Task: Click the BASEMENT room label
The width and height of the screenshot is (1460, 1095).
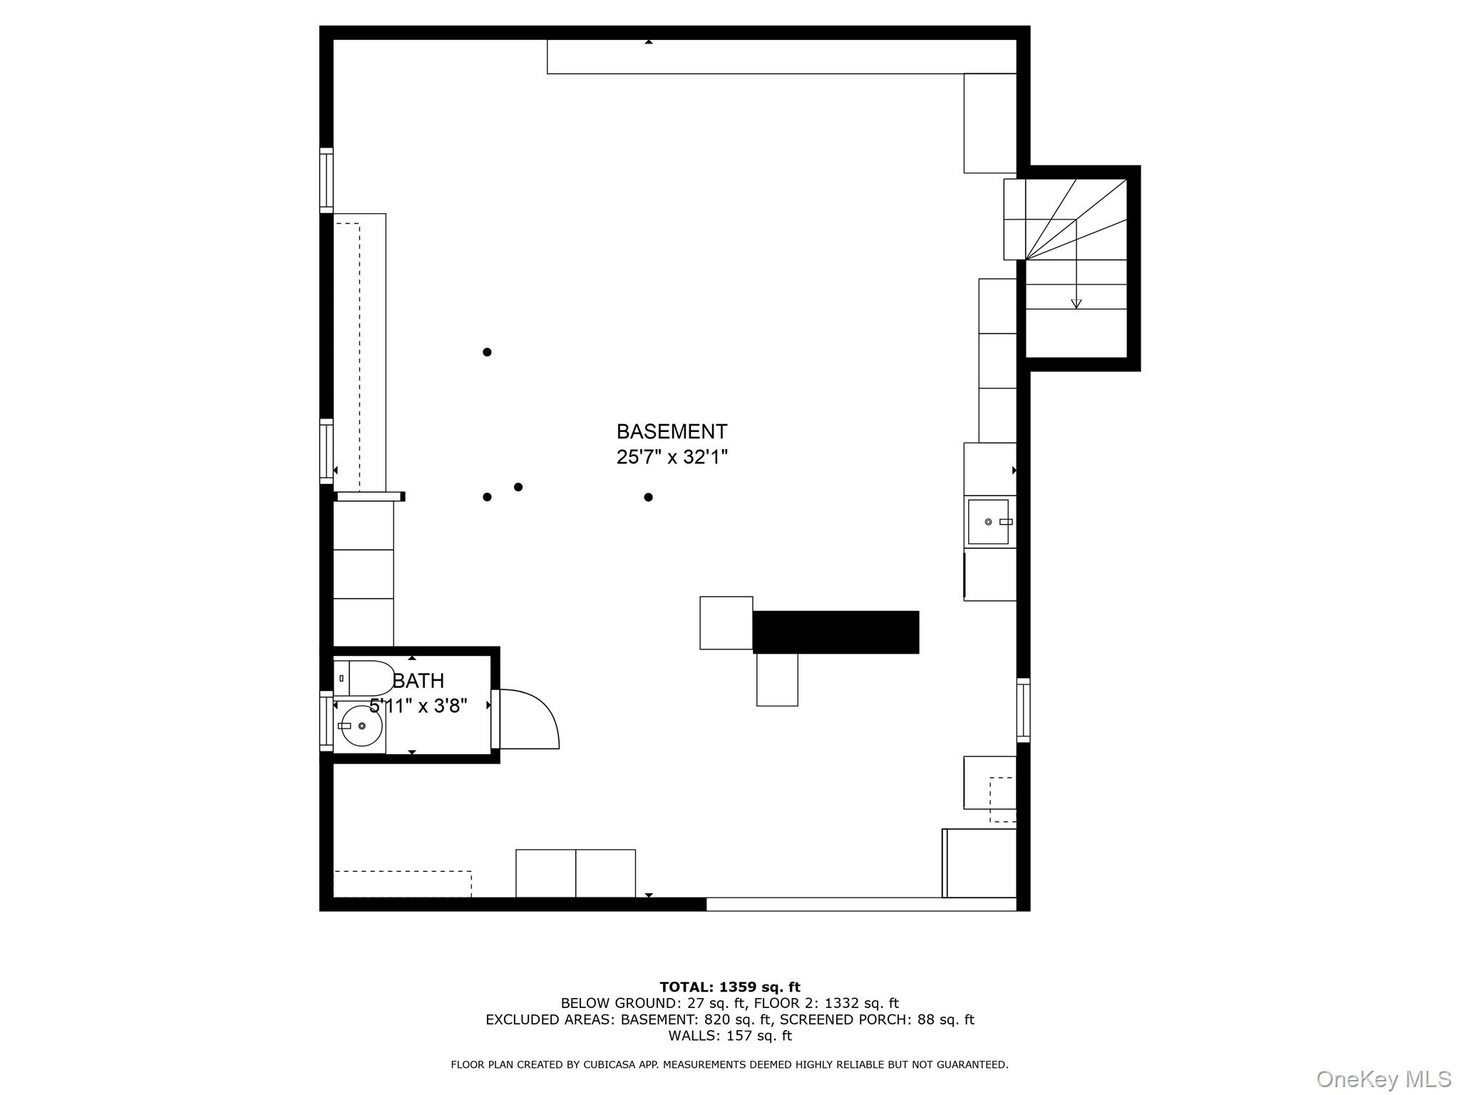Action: tap(672, 431)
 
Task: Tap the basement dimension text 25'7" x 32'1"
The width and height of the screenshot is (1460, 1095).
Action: tap(672, 457)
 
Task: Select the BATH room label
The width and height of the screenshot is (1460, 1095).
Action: tap(418, 681)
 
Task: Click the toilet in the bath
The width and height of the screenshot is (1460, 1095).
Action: tap(364, 678)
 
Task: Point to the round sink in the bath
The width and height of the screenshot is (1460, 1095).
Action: tap(360, 726)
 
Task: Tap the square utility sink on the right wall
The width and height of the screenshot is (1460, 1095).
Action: tap(989, 522)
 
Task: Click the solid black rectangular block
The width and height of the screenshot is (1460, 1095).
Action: tap(836, 632)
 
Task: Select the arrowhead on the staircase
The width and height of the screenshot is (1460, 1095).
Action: tap(1076, 304)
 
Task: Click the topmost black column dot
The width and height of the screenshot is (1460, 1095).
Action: tap(487, 351)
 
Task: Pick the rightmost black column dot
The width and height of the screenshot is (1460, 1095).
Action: tap(648, 497)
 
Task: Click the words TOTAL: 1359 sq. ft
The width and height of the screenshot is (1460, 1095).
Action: tap(730, 987)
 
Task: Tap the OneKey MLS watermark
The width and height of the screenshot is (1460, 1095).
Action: tap(1383, 1079)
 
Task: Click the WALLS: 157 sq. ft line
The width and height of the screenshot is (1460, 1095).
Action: tap(730, 1036)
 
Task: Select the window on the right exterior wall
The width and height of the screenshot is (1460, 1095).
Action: tap(1023, 710)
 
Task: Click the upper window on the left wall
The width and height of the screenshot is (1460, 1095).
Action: tap(326, 180)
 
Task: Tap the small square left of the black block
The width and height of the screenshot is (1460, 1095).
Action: tap(726, 623)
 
